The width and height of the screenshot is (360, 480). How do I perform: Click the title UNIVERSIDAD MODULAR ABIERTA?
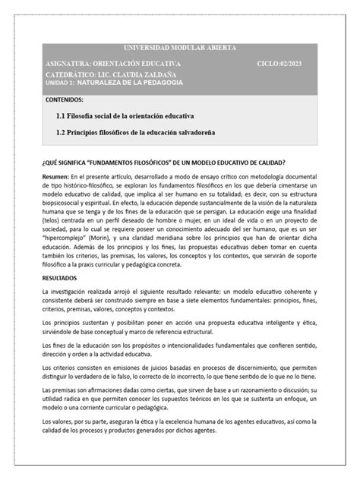[179, 48]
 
